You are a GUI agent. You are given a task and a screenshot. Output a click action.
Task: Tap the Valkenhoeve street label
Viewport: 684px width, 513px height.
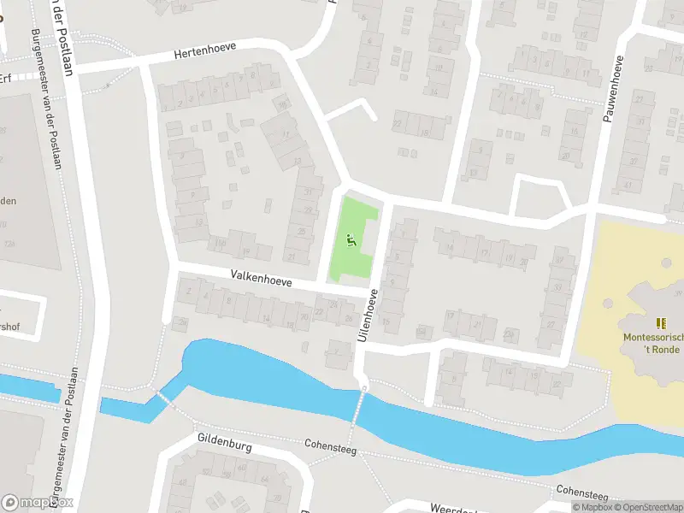pos(261,279)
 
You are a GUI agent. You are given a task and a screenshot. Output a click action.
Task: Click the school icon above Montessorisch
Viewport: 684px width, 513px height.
pos(659,322)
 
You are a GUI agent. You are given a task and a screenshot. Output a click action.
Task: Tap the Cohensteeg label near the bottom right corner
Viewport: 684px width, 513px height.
pos(581,493)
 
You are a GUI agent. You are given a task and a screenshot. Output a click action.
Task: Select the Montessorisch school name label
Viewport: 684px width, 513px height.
pos(653,338)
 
